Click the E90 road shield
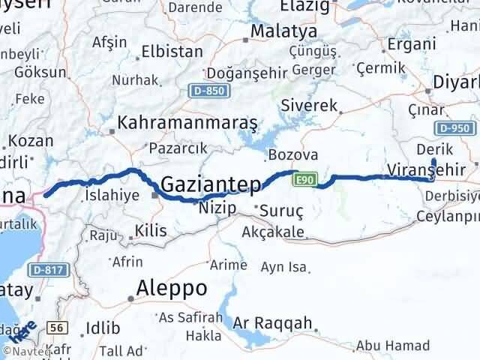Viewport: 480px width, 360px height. (304, 178)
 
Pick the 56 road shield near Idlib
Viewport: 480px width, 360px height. (54, 327)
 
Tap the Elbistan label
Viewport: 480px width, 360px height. (173, 52)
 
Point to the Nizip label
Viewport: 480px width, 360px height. (217, 208)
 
